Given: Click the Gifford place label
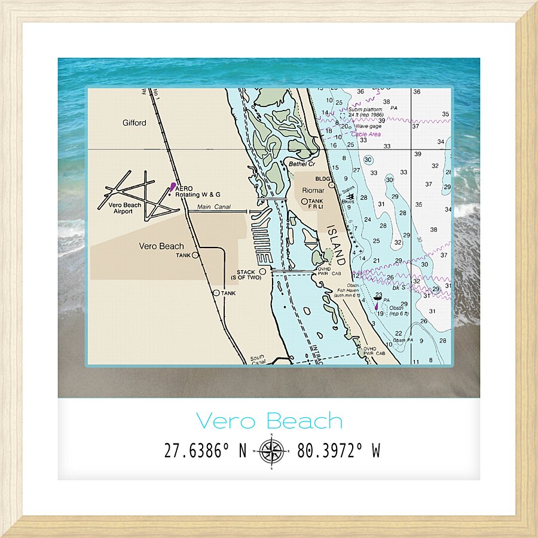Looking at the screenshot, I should coord(134,123).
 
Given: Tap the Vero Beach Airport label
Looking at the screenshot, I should coord(125,208).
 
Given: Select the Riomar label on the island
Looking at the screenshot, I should coord(313,191).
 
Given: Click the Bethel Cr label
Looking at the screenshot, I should coord(301,164).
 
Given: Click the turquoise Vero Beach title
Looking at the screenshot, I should coord(269,421).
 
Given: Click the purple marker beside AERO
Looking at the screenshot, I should coord(173,187).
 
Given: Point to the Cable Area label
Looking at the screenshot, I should coord(366,134).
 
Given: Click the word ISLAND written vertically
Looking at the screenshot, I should coord(336,247).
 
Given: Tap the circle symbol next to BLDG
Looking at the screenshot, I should coord(332,185).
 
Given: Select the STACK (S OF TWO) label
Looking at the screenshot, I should coord(245,276).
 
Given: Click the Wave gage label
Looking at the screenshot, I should coord(368,126).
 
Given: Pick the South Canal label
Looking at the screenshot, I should coord(257,360).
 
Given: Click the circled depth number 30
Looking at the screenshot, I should coord(368,160).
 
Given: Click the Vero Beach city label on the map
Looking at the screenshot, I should coord(161,246).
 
